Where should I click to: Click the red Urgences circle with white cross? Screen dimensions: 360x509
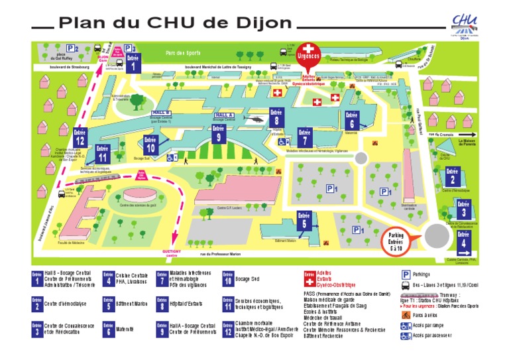307,53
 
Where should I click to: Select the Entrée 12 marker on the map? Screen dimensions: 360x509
81,137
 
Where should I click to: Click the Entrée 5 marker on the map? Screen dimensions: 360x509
304,221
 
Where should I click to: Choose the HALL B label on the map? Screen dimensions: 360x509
161,113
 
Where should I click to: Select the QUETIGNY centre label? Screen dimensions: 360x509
172,253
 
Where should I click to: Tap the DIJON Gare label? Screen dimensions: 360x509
102,58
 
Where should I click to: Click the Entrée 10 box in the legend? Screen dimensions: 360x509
228,278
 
